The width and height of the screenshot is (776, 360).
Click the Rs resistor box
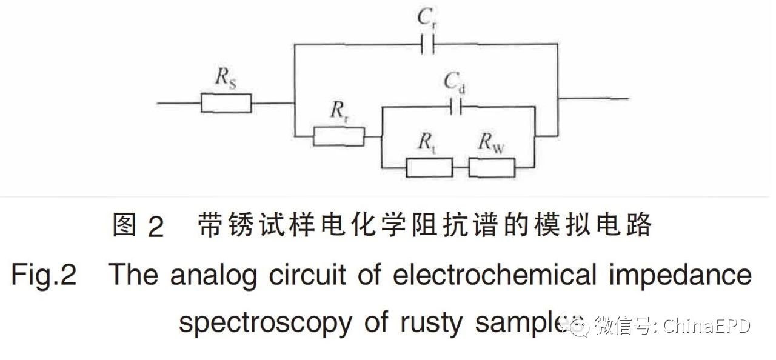(x=226, y=103)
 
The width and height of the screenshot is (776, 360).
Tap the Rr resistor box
(x=339, y=136)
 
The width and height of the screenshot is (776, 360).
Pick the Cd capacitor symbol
(x=455, y=107)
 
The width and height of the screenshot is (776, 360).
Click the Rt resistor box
(x=429, y=167)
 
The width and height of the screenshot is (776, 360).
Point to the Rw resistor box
(x=492, y=167)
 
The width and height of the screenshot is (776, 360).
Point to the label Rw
(x=493, y=143)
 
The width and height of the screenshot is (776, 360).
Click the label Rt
(x=426, y=143)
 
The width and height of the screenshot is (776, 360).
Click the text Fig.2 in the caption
(x=43, y=277)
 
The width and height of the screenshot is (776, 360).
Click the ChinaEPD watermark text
(x=707, y=327)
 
